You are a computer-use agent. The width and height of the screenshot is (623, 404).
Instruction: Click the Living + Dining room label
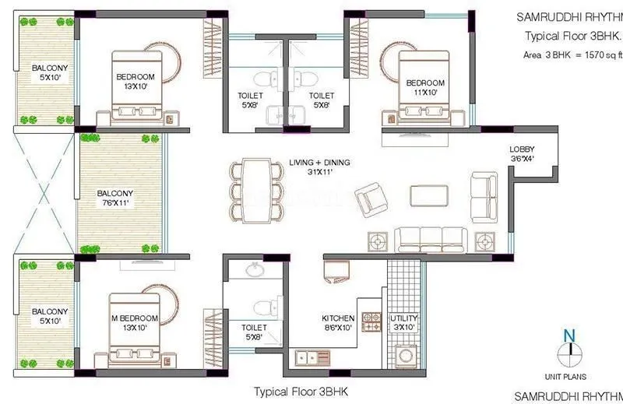tap(319, 167)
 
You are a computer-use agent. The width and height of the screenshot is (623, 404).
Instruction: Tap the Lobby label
tap(521, 154)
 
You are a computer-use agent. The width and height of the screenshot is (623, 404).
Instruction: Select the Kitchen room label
tap(338, 323)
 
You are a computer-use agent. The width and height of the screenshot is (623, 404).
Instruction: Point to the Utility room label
tap(403, 323)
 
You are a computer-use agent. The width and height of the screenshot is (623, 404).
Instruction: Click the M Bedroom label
tap(135, 323)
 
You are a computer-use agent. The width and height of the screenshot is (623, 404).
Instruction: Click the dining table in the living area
tap(255, 190)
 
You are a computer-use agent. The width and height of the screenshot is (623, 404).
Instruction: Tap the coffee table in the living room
tap(431, 196)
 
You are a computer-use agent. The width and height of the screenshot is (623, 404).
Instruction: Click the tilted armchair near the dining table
tap(368, 198)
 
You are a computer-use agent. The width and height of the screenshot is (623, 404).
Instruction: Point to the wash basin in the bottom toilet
tap(254, 270)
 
